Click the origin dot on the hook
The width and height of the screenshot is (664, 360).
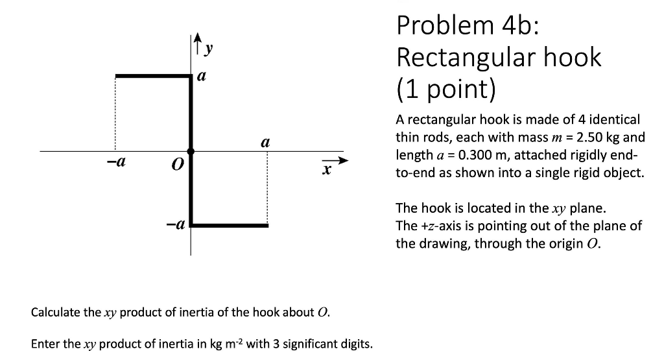coord(191,151)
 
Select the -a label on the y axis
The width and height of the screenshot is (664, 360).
coord(176,225)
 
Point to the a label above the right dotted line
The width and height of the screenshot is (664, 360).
coord(265,141)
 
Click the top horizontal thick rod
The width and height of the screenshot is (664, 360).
coord(153,77)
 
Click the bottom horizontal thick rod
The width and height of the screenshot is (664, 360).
coord(230,225)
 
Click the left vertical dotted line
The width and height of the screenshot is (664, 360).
coord(115,114)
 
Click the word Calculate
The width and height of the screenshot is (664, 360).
coord(56,312)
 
